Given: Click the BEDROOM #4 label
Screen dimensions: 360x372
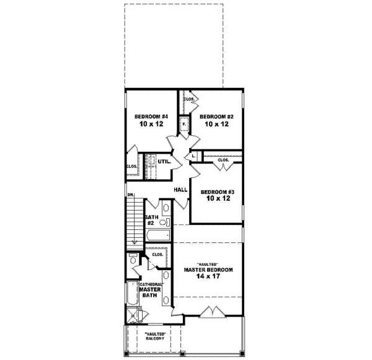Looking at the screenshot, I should click(152, 115).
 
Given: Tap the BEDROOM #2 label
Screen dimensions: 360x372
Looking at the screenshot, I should click(215, 115).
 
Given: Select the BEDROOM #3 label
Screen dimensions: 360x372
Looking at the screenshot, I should click(217, 191).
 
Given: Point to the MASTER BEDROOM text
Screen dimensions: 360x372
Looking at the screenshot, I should click(208, 270).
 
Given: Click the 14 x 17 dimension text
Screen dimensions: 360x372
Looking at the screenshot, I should click(208, 278).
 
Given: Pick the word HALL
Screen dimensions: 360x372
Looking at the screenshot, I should click(180, 190).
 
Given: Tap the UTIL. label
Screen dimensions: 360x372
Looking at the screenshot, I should click(164, 162).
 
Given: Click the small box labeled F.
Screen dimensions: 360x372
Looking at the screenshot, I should click(184, 125).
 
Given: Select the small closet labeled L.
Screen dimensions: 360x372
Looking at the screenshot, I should click(193, 156).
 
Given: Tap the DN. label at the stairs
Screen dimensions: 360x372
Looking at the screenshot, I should click(131, 195).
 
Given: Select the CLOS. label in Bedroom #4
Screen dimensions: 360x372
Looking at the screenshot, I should click(131, 166).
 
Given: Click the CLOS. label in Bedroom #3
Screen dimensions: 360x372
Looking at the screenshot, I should click(223, 160).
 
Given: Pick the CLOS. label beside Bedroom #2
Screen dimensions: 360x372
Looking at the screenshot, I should click(189, 99).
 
